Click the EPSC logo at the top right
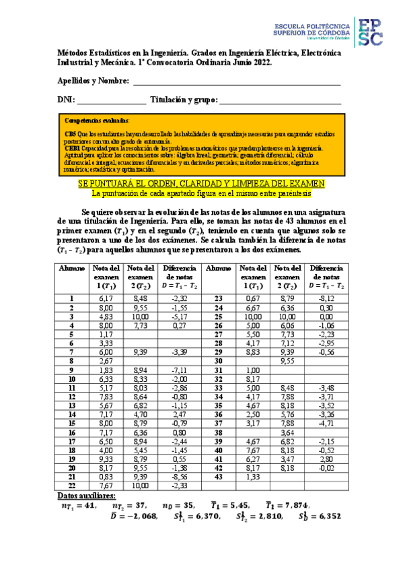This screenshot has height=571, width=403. [369, 32]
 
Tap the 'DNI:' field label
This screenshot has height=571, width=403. [65, 100]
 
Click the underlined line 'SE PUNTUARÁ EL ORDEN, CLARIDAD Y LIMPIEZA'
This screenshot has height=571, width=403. [202, 183]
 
